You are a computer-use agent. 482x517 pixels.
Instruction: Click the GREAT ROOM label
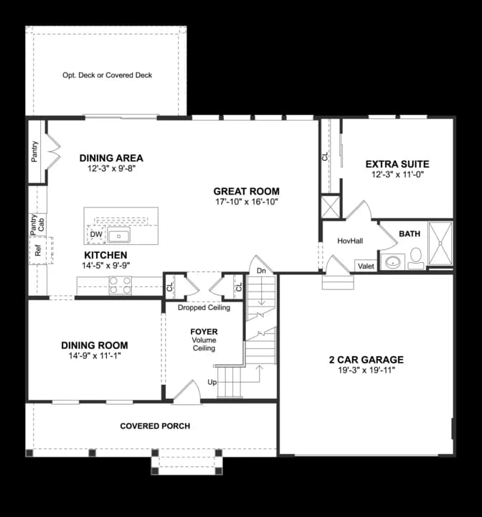coord(247,191)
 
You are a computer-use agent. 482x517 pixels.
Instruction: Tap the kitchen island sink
coord(119,236)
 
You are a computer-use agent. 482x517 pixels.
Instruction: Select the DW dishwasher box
coord(96,234)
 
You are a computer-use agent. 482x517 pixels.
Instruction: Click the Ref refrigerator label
coord(37,251)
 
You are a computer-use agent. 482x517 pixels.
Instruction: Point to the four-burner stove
coord(120,286)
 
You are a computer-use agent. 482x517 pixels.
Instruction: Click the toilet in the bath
coord(416,258)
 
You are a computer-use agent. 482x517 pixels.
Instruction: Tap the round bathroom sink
coord(393,262)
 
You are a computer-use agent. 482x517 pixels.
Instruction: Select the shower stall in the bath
coord(440,243)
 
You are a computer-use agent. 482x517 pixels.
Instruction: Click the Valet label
coord(366,266)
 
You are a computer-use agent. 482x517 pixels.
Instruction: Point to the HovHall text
coord(350,241)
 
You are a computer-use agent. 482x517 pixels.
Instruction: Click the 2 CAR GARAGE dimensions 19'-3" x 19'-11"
coord(367,371)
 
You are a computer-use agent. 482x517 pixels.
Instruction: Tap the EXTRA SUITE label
coord(397,164)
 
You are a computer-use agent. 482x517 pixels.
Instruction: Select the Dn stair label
coord(261,271)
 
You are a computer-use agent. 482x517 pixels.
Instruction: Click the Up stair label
coord(212,382)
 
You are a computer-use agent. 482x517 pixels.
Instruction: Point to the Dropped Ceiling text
coord(204,307)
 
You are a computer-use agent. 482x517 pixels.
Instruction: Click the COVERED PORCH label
coord(155,426)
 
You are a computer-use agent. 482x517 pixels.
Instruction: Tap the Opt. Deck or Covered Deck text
coord(108,75)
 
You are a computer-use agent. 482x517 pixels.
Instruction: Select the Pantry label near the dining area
coord(34,152)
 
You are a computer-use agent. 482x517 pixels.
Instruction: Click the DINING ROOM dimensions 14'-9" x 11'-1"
coord(95,355)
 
